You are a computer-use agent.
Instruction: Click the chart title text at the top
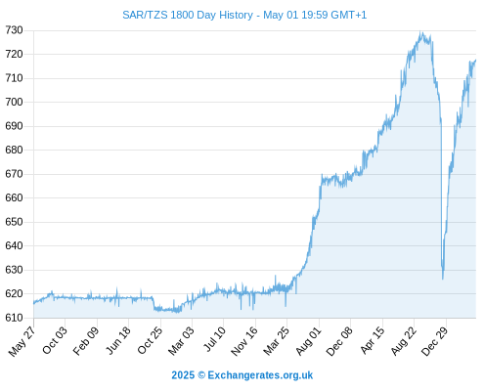click(x=244, y=15)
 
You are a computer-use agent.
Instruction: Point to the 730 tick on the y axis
click(x=14, y=30)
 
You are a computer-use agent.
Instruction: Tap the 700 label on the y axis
click(x=14, y=102)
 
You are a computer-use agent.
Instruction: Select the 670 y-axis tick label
click(x=14, y=174)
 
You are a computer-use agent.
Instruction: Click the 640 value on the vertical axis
click(x=14, y=245)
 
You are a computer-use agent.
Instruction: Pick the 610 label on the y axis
click(x=14, y=318)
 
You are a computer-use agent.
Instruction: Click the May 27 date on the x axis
click(x=22, y=341)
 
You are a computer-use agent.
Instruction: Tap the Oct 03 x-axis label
click(x=55, y=340)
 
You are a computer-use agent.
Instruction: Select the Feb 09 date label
click(x=86, y=341)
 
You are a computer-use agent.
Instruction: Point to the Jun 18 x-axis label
click(x=118, y=340)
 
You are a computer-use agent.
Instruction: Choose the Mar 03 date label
click(x=181, y=340)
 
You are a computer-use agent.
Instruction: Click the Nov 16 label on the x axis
click(x=244, y=341)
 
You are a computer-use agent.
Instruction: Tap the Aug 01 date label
click(x=308, y=341)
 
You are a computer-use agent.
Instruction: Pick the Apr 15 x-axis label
click(x=373, y=340)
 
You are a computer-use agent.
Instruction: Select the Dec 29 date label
click(x=435, y=341)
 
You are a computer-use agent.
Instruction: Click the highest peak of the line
click(x=421, y=31)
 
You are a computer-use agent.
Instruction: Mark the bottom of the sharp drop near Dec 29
click(x=443, y=279)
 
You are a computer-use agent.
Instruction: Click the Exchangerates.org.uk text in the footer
click(x=260, y=375)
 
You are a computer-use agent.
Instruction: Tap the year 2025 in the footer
click(x=183, y=375)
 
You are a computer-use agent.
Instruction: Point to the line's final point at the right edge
click(x=475, y=60)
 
